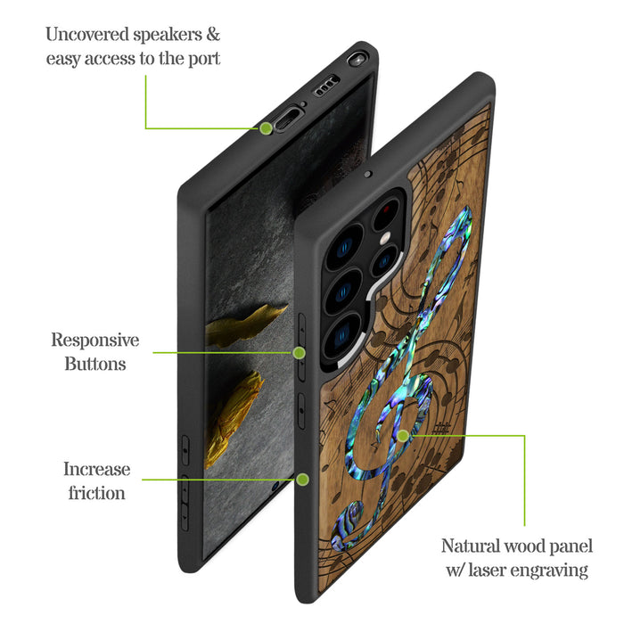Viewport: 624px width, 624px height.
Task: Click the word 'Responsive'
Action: tap(94, 340)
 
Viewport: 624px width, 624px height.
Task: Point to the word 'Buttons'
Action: tap(94, 364)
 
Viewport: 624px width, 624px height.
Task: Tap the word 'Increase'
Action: tap(96, 469)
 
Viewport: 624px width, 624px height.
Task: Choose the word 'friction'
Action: tap(96, 492)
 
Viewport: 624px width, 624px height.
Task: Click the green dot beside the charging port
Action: tap(266, 128)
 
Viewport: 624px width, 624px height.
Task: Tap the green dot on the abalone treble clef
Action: tap(403, 436)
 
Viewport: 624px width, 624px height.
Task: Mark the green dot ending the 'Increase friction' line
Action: tap(302, 480)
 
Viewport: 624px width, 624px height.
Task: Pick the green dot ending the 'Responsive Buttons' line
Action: tap(300, 353)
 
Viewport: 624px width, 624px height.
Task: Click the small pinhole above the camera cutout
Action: tap(367, 175)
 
